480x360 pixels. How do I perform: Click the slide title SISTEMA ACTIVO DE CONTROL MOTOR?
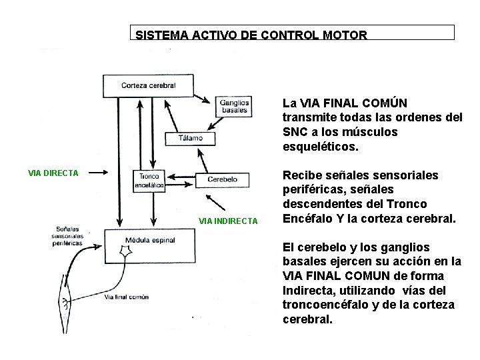251,35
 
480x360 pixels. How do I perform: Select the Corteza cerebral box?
148,85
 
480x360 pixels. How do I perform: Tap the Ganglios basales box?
234,106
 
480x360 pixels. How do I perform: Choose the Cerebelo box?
222,180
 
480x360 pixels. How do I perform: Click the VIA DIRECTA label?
53,173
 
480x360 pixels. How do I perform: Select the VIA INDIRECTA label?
228,221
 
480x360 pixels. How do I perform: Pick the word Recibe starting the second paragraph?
302,175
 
